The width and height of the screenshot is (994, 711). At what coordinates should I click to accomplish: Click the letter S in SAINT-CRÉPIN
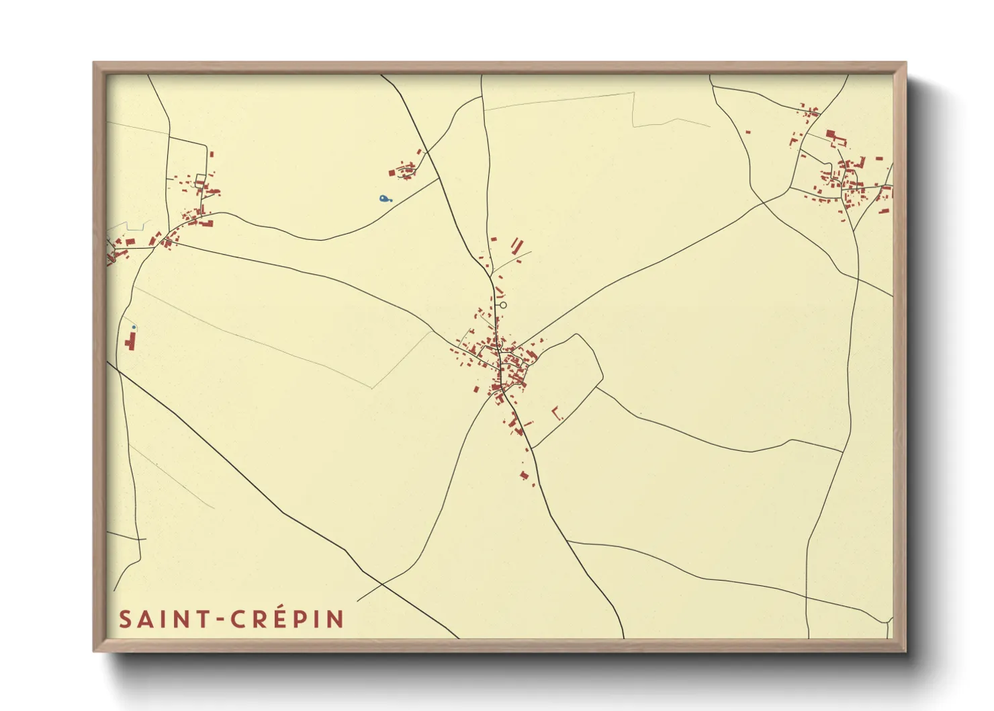pos(124,619)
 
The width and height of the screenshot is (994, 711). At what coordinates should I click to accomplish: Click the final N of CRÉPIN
pos(336,619)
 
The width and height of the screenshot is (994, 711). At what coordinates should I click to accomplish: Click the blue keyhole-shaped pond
pos(383,199)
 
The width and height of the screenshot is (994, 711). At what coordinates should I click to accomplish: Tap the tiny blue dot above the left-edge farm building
pos(134,327)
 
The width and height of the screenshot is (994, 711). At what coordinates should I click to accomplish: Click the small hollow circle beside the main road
pos(503,305)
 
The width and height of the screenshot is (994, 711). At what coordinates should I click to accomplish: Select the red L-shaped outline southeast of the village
pos(555,413)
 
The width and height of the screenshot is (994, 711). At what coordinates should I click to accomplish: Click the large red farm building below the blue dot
pos(130,341)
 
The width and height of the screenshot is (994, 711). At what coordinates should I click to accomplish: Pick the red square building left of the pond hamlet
pos(392,173)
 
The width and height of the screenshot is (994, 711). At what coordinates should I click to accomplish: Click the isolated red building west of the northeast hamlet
pos(748,132)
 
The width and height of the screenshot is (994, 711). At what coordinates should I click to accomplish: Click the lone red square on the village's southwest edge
pos(476,389)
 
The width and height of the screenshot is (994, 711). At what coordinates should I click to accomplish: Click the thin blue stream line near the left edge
pos(128,224)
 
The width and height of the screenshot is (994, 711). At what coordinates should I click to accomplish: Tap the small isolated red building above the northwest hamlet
pos(212,154)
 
